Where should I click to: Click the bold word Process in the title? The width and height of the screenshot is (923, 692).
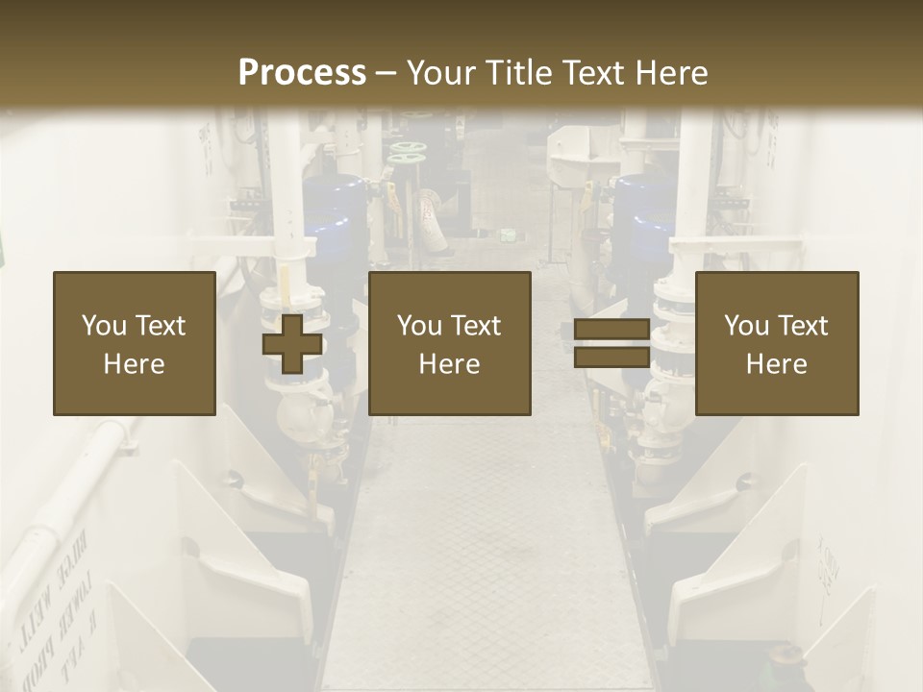tap(302, 73)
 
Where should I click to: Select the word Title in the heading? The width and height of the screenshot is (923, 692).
tap(517, 73)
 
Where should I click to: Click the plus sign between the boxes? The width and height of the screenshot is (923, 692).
tap(292, 343)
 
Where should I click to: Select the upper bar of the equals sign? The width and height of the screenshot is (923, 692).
tap(611, 329)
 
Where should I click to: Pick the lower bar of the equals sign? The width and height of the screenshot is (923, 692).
tap(611, 358)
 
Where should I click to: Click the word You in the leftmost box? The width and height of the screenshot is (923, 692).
tap(103, 325)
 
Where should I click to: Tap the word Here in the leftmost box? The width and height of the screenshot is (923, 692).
tap(134, 364)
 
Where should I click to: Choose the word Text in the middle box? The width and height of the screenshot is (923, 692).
tap(476, 325)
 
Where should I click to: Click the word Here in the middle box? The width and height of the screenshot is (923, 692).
tap(449, 364)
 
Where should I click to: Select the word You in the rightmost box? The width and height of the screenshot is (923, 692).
tap(746, 325)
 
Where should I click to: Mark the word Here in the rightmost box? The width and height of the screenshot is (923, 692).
tap(776, 364)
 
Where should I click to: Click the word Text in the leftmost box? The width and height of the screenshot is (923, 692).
tap(160, 325)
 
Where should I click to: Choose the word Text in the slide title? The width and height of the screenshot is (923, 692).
tap(594, 73)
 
